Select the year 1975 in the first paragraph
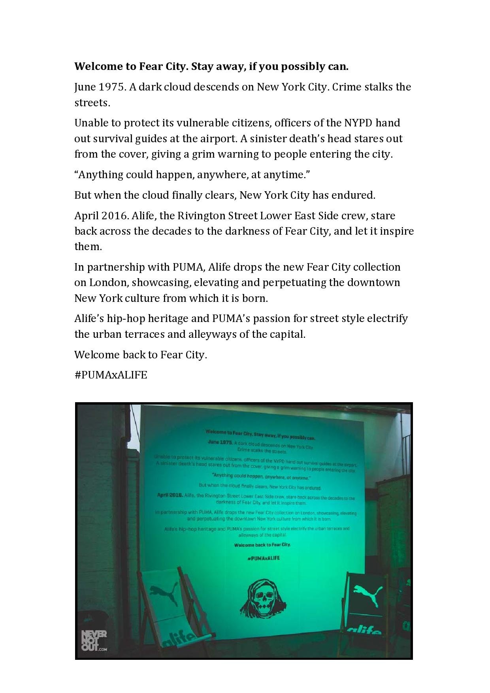pyautogui.click(x=112, y=87)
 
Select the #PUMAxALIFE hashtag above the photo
pyautogui.click(x=111, y=375)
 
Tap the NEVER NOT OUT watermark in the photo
pyautogui.click(x=94, y=641)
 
